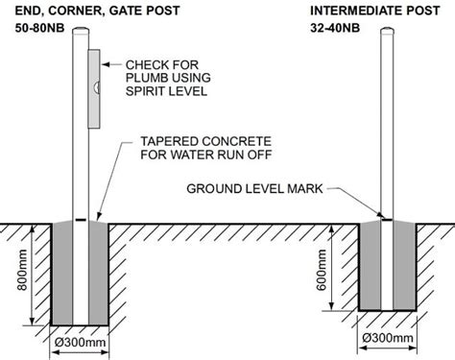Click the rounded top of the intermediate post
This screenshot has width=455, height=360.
point(389,34)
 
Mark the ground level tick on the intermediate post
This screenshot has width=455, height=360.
point(388,219)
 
